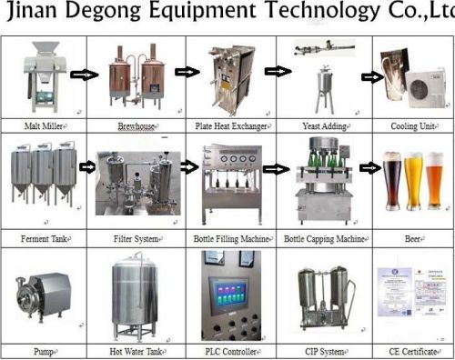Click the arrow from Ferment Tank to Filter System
(88, 167)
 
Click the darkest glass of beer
(392, 186)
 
